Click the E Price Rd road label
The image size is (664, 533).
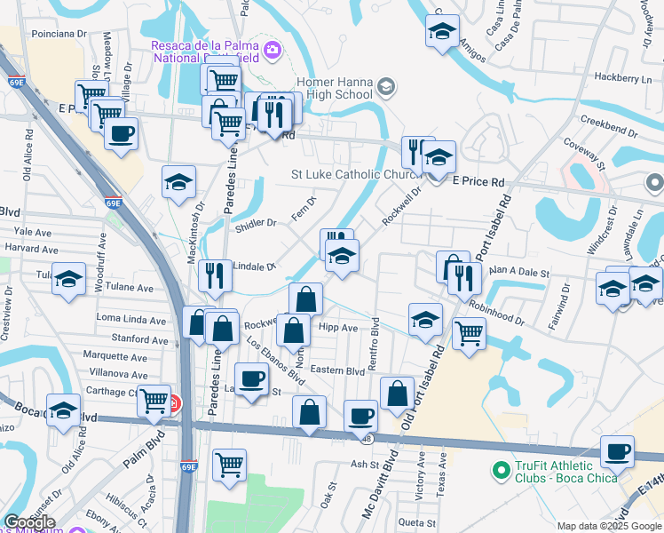pos(478,181)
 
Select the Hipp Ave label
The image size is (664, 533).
pos(337,328)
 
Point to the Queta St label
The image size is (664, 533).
pos(416,522)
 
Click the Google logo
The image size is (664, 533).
pos(29,522)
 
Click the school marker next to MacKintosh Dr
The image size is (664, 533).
pos(179,181)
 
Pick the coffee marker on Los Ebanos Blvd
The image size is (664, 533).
pos(252,378)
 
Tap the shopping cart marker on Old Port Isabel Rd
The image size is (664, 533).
pos(469,333)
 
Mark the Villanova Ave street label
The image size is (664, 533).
pos(115,375)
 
